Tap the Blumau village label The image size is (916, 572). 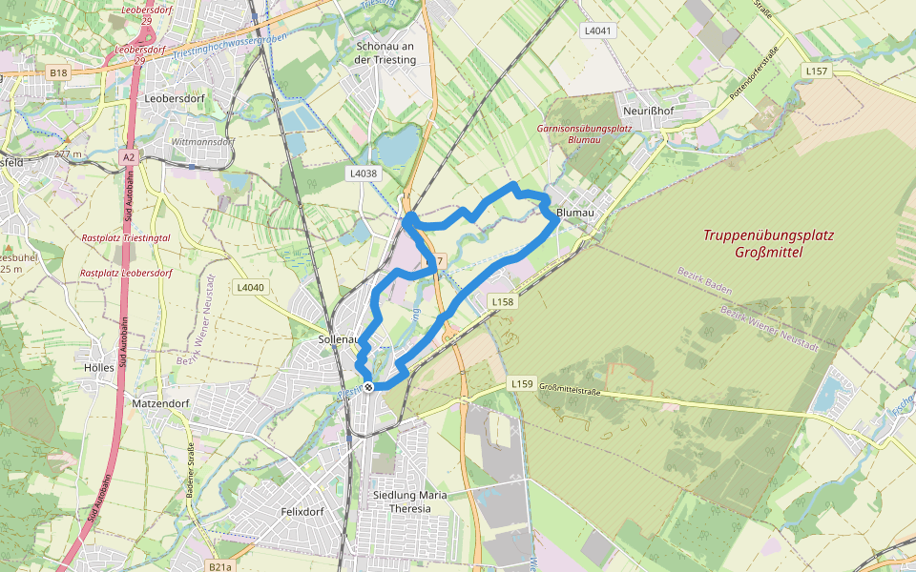tap(574, 213)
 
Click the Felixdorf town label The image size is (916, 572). tap(303, 512)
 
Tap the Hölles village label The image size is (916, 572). tap(99, 368)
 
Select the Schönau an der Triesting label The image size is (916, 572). tap(385, 52)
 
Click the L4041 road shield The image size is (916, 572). tap(597, 31)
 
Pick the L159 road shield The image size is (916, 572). tap(521, 383)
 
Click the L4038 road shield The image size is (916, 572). tap(364, 174)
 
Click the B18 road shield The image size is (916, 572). tap(59, 72)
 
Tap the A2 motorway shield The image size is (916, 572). tap(129, 155)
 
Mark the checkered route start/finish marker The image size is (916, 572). tap(368, 386)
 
